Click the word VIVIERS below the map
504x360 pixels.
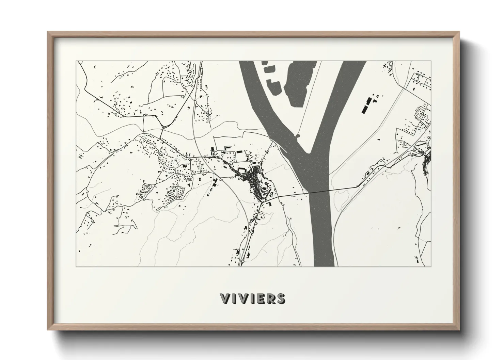tap(252, 298)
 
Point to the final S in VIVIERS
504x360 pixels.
tap(281, 298)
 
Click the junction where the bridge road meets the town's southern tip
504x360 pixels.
tap(262, 203)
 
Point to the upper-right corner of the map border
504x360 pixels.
tap(431, 61)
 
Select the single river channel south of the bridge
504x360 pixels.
tap(322, 231)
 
